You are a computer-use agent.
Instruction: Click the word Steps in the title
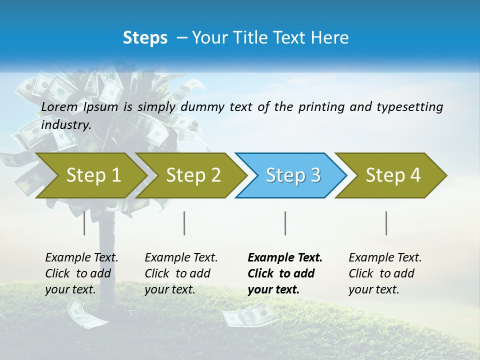[x=145, y=37]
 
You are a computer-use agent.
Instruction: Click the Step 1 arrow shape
[x=90, y=175]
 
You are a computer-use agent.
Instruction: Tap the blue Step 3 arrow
[x=292, y=175]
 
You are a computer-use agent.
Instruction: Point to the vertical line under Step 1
[x=84, y=223]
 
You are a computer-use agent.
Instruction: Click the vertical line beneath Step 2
[x=184, y=223]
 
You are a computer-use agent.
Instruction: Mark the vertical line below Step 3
[x=285, y=223]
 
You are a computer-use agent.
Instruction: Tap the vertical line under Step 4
[x=386, y=223]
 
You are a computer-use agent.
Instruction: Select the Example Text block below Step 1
[x=81, y=273]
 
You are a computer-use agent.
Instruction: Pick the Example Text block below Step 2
[x=181, y=273]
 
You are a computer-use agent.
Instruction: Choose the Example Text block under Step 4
[x=385, y=273]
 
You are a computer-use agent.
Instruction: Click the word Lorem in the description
[x=59, y=106]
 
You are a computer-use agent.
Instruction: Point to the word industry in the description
[x=65, y=124]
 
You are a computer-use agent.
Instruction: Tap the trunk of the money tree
[x=107, y=260]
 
